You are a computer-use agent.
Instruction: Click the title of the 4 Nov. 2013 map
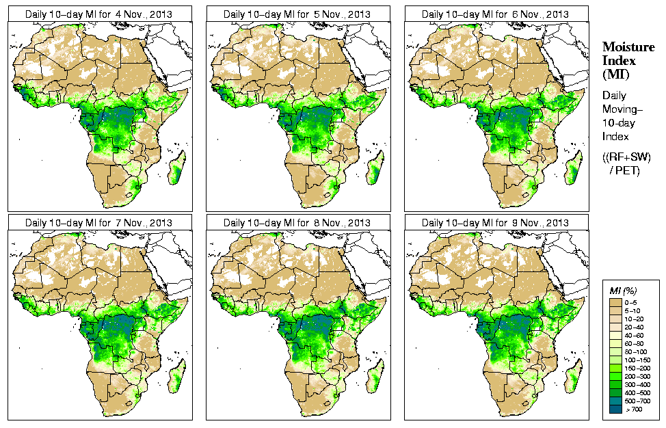98,14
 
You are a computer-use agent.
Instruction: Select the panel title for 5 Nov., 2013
297,14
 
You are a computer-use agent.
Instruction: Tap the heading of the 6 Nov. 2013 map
496,14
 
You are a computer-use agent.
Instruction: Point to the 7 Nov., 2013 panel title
98,223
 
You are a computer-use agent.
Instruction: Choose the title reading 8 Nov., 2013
297,223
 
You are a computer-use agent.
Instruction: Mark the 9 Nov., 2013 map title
496,223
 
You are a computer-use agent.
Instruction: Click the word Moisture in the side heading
628,46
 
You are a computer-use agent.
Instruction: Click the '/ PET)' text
626,170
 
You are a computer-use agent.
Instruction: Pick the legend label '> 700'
635,410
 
